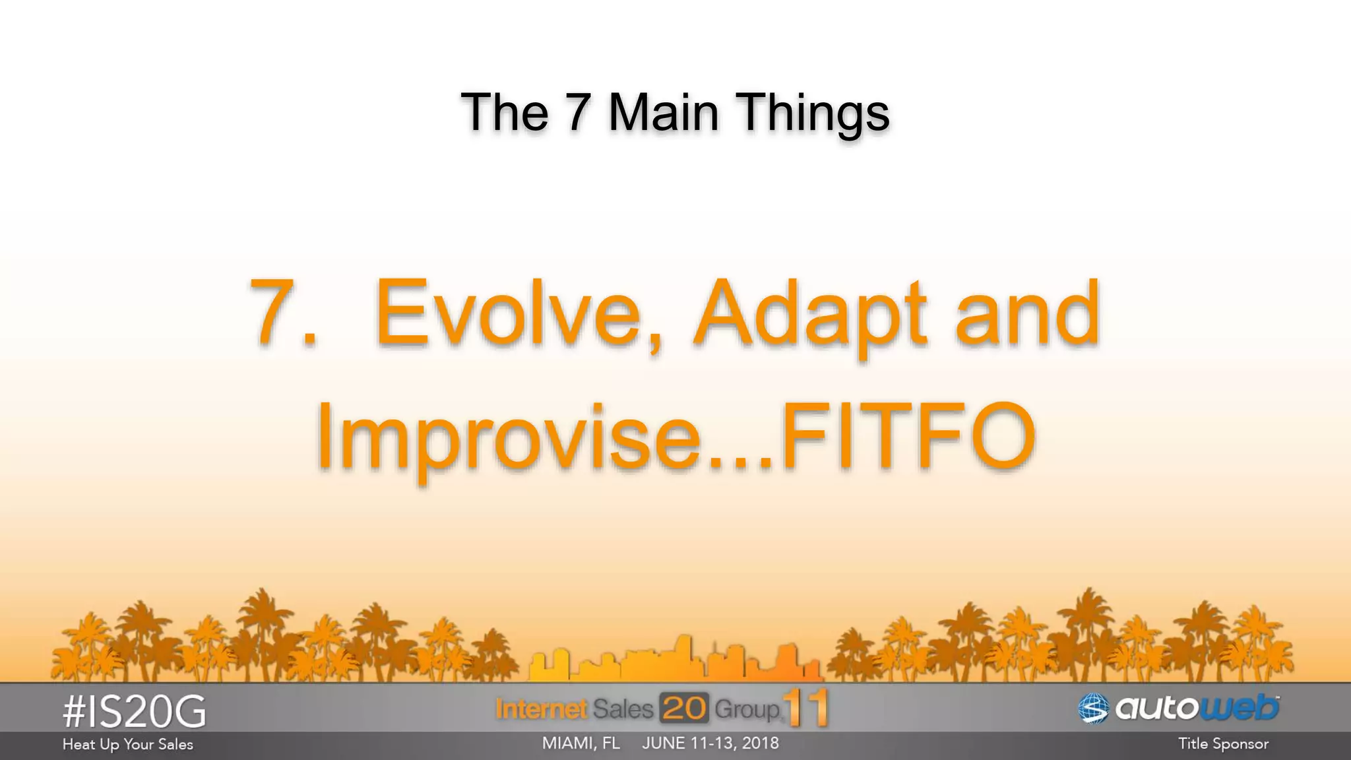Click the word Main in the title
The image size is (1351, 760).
coord(663,112)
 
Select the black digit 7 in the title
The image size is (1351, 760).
coord(578,112)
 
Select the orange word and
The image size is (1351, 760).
coord(1027,313)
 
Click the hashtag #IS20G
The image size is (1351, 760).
coord(135,712)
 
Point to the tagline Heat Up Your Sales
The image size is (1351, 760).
coord(128,745)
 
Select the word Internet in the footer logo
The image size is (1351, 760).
coord(541,709)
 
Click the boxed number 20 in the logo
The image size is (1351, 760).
coord(684,709)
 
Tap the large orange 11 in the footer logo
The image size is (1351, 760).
coord(806,708)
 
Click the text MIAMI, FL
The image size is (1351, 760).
coord(581,744)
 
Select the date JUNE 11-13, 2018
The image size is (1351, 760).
coord(710,744)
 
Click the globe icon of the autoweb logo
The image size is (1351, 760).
coord(1093,709)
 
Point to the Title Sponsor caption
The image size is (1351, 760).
coord(1223,744)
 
